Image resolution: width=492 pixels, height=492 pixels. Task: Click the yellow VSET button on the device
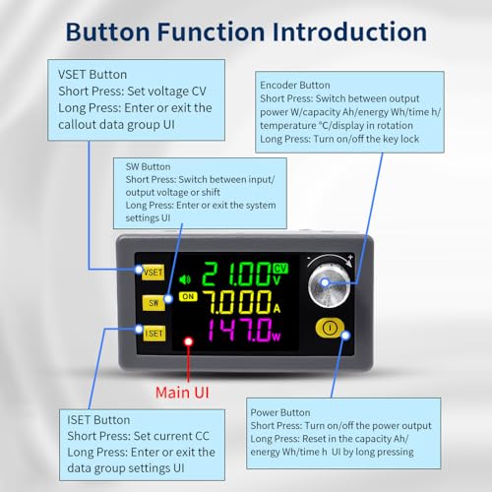point(153,271)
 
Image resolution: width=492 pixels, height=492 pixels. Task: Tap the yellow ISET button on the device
point(153,333)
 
